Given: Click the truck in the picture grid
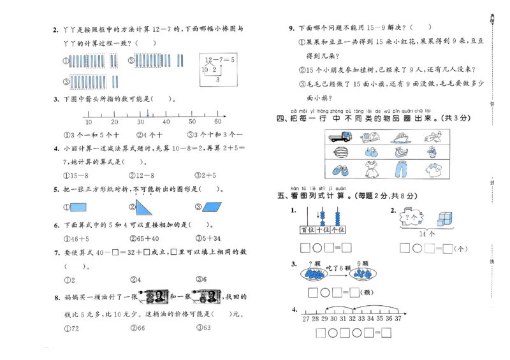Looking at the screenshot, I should tap(340, 137).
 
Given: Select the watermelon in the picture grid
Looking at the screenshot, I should tap(340, 153).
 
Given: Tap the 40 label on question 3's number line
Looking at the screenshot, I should tap(166, 122).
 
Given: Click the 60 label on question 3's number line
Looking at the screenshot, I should tap(217, 122).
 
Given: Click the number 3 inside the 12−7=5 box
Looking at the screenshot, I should tap(217, 80).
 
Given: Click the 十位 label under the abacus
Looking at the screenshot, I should tap(323, 229).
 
